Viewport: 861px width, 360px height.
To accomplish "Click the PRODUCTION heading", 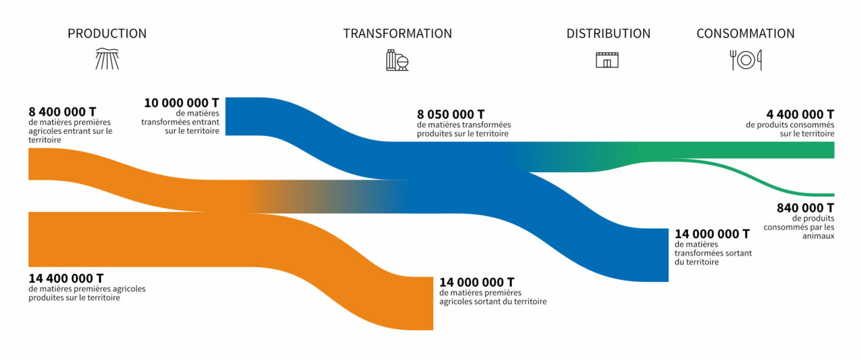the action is (107, 34).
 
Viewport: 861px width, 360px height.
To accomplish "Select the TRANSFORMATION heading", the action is (398, 34).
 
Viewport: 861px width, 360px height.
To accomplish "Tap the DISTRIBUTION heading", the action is (608, 34).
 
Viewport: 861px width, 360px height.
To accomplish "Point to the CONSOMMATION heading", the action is (745, 34).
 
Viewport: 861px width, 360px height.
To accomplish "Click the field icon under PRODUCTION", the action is (107, 59).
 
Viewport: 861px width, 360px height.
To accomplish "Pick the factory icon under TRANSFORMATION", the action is (397, 60).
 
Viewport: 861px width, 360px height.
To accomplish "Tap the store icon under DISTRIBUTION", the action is (607, 60).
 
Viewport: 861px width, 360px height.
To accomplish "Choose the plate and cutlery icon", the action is (746, 60).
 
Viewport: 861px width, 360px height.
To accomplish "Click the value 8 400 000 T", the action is (63, 112).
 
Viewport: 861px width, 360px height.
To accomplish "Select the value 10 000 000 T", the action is (182, 103).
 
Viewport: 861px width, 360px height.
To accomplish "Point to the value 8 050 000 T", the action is (451, 114).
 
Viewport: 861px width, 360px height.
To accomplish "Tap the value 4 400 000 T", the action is (800, 114).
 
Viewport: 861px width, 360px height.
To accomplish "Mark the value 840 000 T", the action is (805, 208).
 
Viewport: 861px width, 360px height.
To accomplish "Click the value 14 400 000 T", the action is (66, 278).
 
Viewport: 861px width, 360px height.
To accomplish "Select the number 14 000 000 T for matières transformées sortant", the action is (712, 234).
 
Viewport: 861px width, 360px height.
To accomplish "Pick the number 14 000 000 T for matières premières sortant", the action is (477, 283).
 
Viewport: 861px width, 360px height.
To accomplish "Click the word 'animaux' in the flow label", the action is (819, 236).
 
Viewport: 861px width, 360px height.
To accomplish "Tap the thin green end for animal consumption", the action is (833, 195).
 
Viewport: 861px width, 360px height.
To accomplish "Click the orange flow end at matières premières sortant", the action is (432, 303).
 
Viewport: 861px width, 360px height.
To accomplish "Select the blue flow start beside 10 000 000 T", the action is (227, 116).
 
